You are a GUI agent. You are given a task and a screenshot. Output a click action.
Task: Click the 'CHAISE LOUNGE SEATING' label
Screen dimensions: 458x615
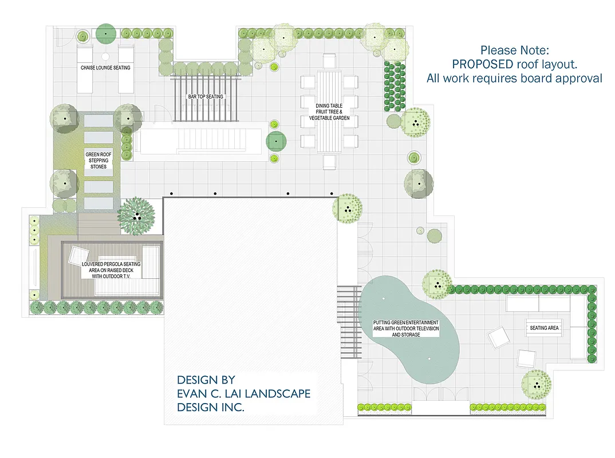[105, 68]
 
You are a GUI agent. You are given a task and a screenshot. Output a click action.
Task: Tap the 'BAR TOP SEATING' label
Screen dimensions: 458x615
[206, 97]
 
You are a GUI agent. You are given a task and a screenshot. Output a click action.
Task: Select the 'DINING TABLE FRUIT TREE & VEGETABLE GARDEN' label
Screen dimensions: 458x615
[329, 112]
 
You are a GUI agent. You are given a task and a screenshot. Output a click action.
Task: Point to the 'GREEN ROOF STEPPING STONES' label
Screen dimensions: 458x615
[98, 160]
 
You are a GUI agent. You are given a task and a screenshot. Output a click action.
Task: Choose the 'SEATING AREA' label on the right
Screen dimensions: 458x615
[544, 328]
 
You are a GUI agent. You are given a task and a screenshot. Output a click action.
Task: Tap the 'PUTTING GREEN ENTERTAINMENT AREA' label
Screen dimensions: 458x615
[405, 329]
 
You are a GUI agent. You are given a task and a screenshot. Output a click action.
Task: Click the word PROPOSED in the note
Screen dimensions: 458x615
[483, 64]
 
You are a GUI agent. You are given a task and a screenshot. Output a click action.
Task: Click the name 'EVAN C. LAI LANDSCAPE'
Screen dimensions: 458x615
[244, 394]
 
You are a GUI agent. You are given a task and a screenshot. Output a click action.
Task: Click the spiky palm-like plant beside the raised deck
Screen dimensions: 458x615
[136, 216]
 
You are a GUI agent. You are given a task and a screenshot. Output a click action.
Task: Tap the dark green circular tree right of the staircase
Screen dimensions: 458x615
[277, 140]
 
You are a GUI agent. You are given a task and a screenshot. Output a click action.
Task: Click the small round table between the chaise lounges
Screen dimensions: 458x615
[106, 57]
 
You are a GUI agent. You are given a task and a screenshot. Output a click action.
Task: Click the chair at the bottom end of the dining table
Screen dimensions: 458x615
[329, 163]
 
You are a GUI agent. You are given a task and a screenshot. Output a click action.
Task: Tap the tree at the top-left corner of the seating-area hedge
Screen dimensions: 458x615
[437, 283]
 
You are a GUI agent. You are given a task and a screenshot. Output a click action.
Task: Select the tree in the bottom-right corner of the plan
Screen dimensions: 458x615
[537, 385]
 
